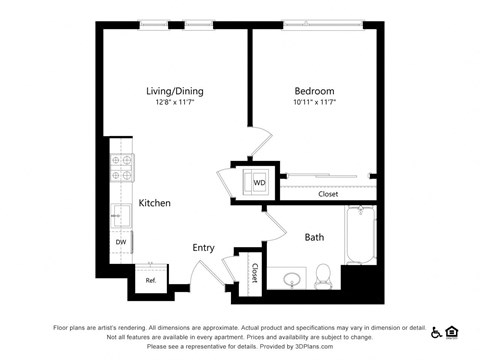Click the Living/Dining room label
pos(174,90)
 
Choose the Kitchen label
pos(154,203)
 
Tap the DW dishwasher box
pos(120,242)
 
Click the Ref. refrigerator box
pos(151,280)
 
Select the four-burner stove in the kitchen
pos(121,167)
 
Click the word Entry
pos(204,247)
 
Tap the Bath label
pos(314,237)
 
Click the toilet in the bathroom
pos(323,274)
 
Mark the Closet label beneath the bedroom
pos(328,194)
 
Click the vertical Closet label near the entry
pos(254,272)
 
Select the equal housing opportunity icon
pos(451,332)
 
